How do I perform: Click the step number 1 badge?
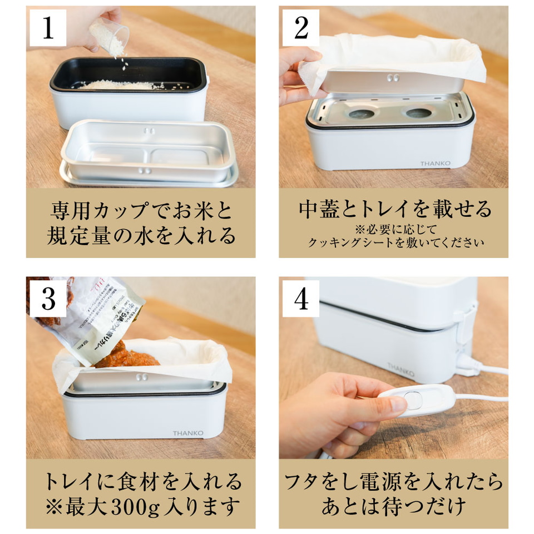(48, 27)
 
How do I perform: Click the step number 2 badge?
(301, 27)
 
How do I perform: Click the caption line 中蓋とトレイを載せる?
(395, 209)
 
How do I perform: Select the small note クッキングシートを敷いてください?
(395, 243)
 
